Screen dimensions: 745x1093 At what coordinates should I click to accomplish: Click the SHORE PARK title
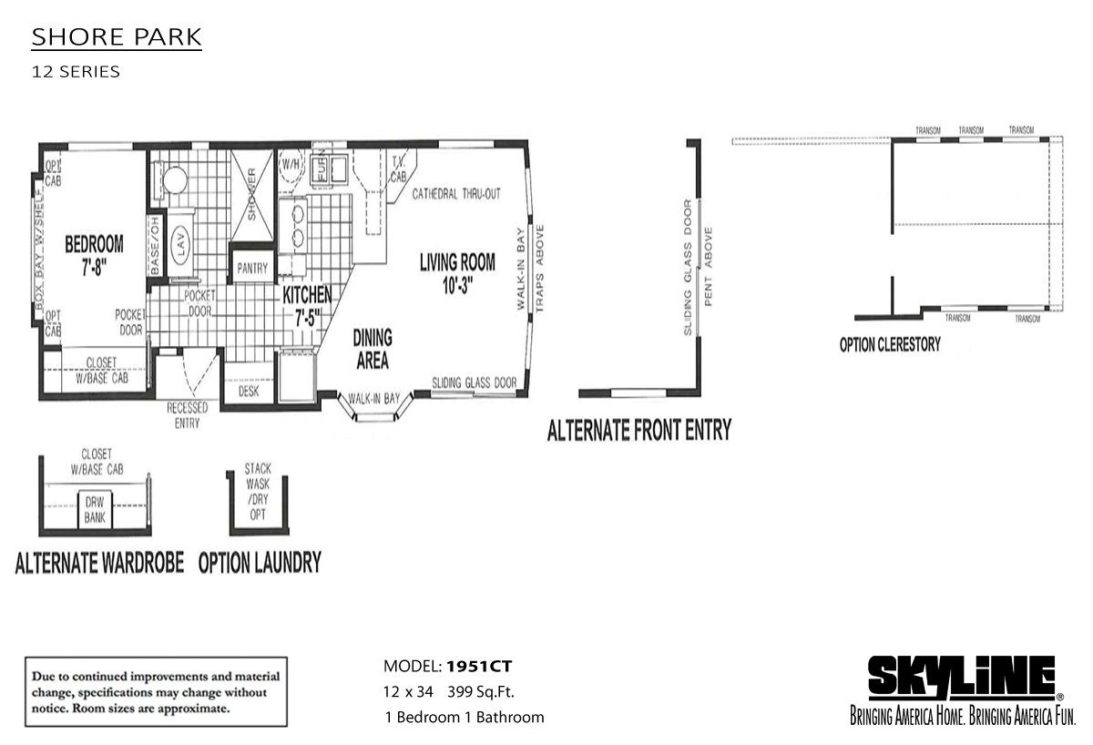[x=117, y=38]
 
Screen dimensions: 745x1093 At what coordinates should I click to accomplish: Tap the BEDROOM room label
[x=94, y=254]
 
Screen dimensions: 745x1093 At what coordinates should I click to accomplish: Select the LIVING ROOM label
[x=457, y=271]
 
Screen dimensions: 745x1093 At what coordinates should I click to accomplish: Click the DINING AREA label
[x=372, y=350]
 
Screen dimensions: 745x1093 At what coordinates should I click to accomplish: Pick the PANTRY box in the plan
[x=251, y=269]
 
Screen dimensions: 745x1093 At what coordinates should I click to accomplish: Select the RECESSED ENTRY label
[x=187, y=416]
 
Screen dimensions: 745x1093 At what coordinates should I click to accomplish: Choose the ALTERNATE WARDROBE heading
[x=100, y=563]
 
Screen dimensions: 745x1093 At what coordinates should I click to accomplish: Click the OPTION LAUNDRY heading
[x=260, y=563]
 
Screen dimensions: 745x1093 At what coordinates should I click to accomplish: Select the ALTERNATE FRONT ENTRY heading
[x=638, y=430]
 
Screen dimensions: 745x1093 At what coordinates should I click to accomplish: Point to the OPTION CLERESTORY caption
[x=890, y=345]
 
